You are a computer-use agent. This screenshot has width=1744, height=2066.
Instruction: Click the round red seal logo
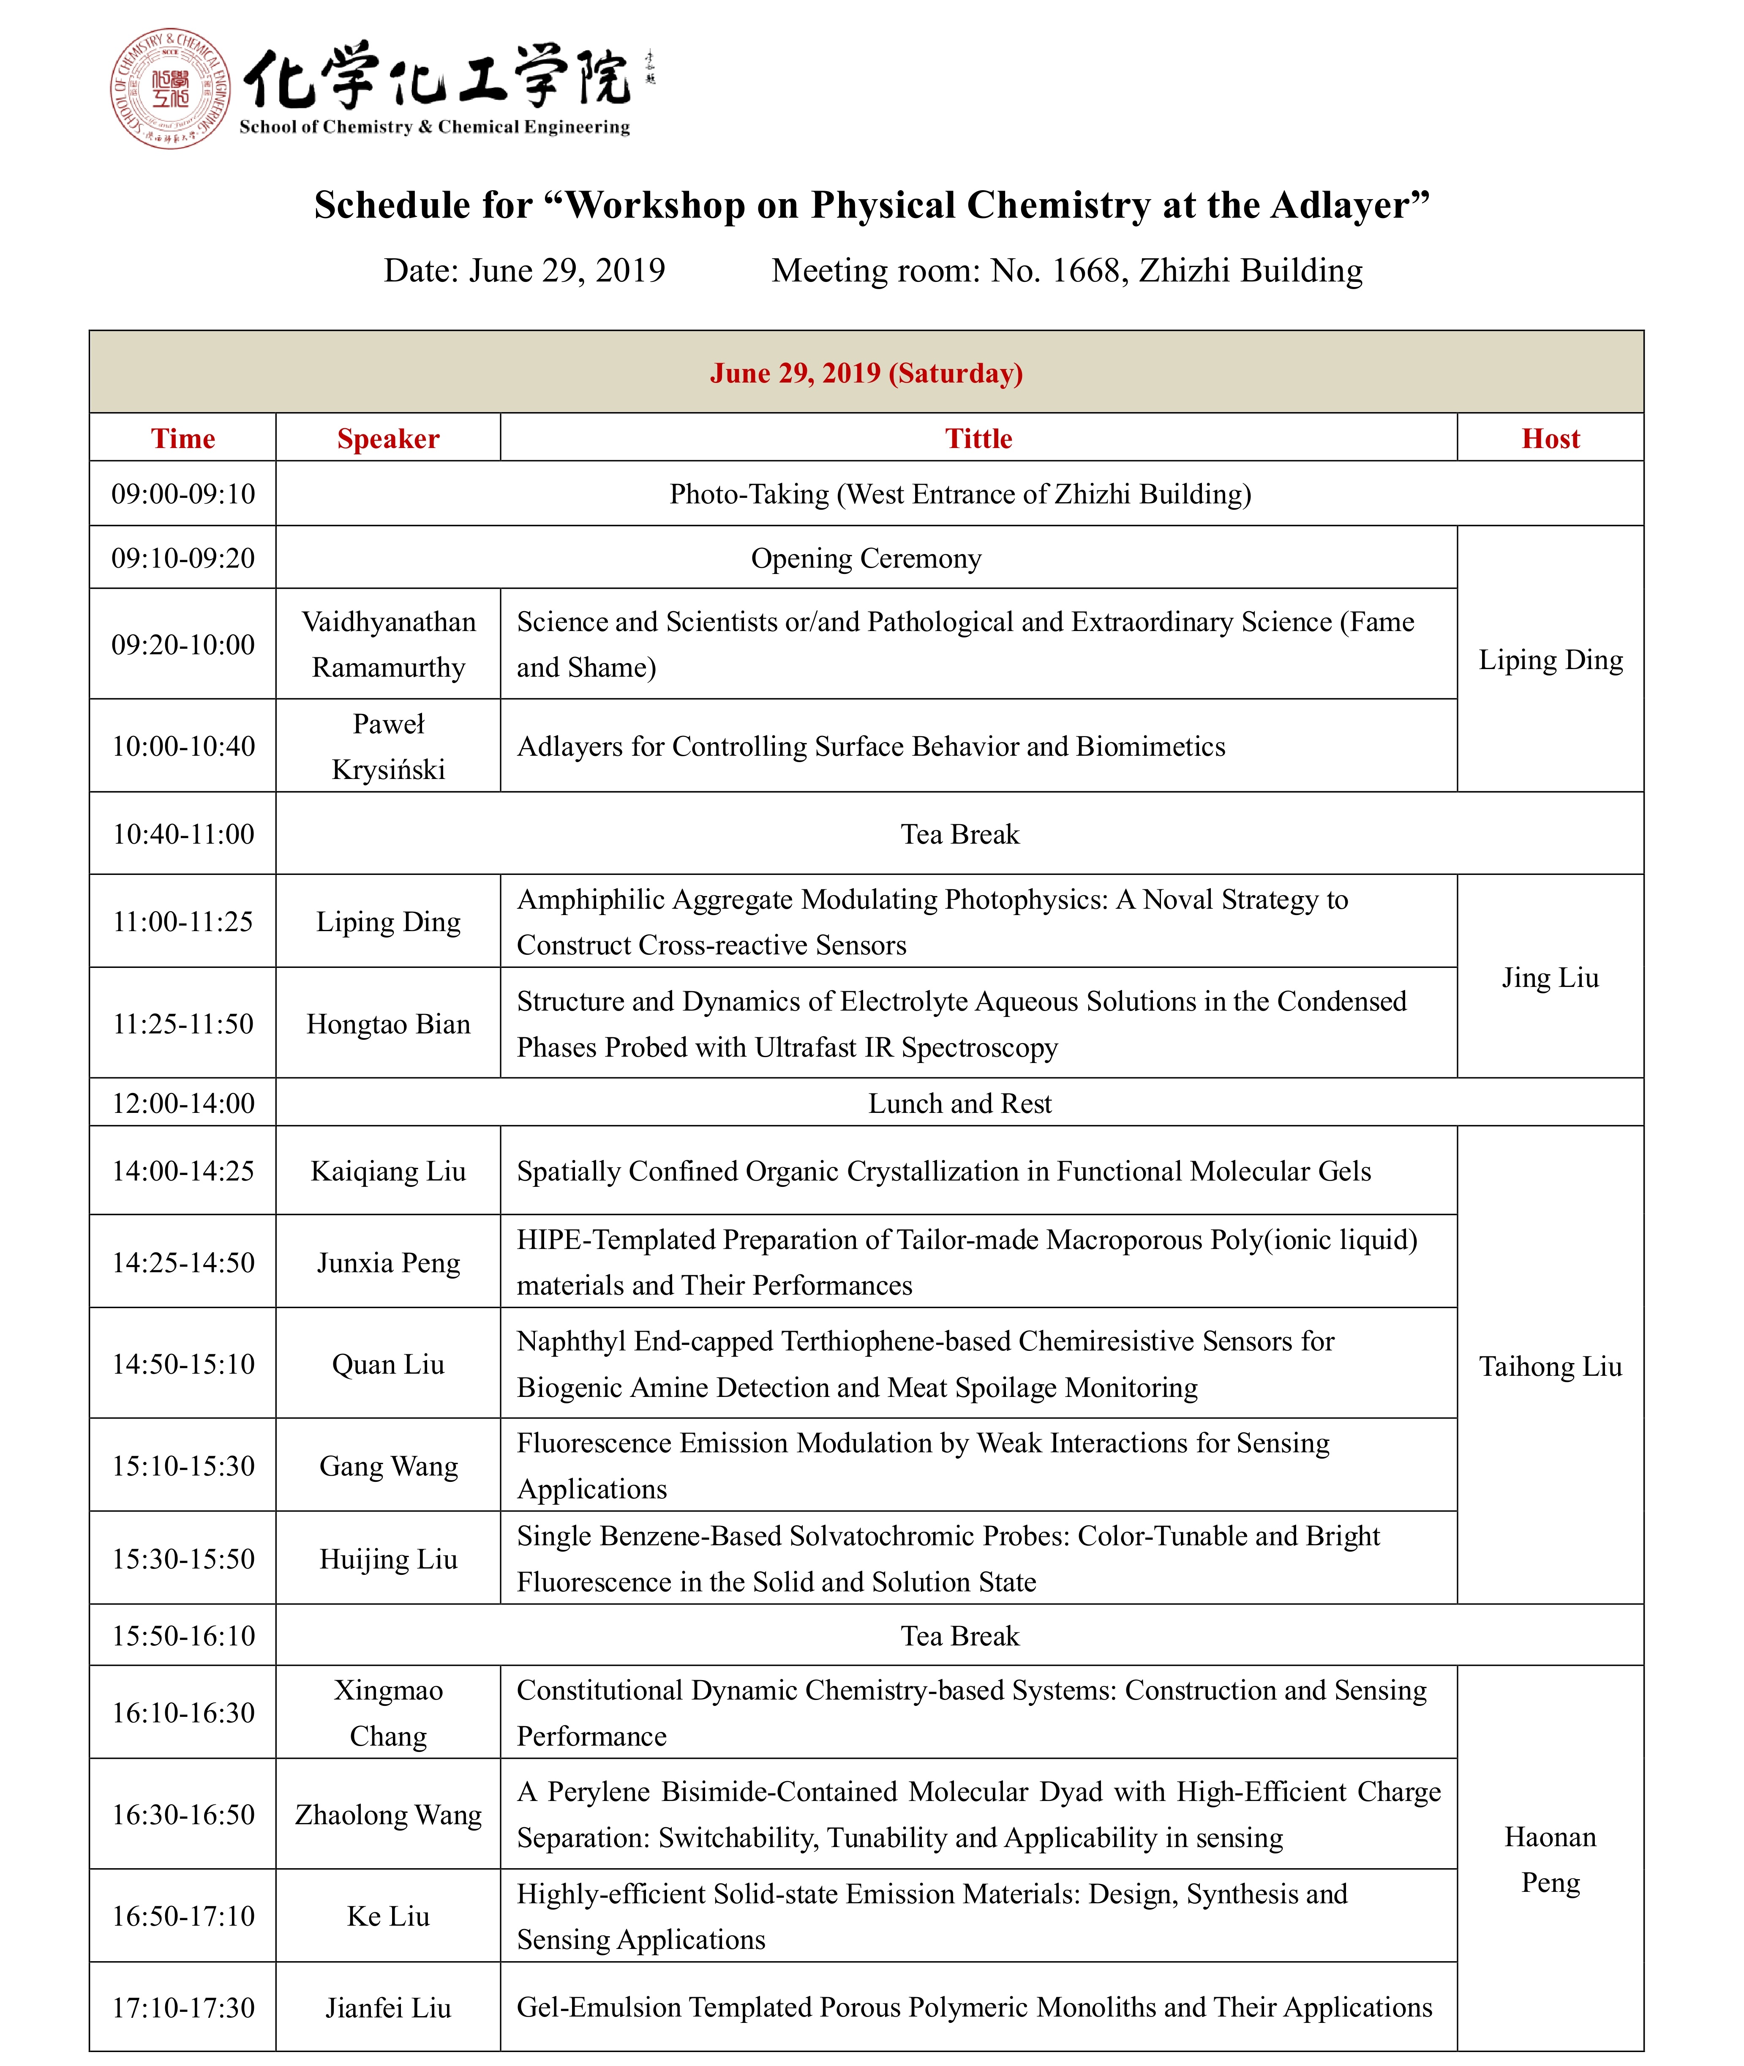click(170, 89)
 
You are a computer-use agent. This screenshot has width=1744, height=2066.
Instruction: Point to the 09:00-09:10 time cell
click(183, 494)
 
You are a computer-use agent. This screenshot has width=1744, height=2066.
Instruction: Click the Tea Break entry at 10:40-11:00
click(959, 834)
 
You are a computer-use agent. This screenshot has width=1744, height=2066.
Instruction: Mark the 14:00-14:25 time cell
click(183, 1171)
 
